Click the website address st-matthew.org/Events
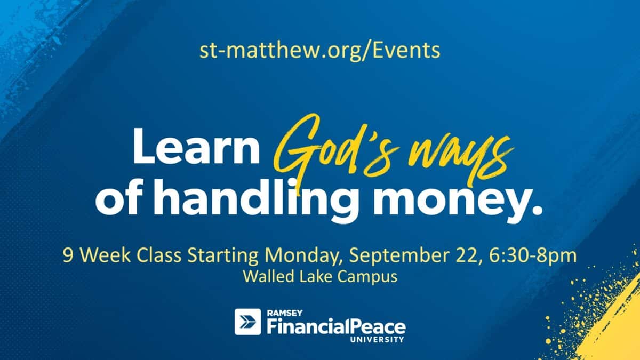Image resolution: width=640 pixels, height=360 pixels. click(x=319, y=51)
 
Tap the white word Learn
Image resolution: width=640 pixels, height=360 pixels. click(x=196, y=146)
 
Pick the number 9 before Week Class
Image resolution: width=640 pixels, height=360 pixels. click(x=68, y=255)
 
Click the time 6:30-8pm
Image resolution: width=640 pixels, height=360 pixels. click(x=533, y=255)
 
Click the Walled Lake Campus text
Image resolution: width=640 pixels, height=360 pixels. click(x=320, y=277)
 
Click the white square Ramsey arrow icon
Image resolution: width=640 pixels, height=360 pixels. click(x=247, y=322)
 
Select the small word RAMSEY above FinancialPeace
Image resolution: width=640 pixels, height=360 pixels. click(x=285, y=313)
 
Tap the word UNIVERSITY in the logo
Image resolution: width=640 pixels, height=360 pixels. click(x=377, y=340)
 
